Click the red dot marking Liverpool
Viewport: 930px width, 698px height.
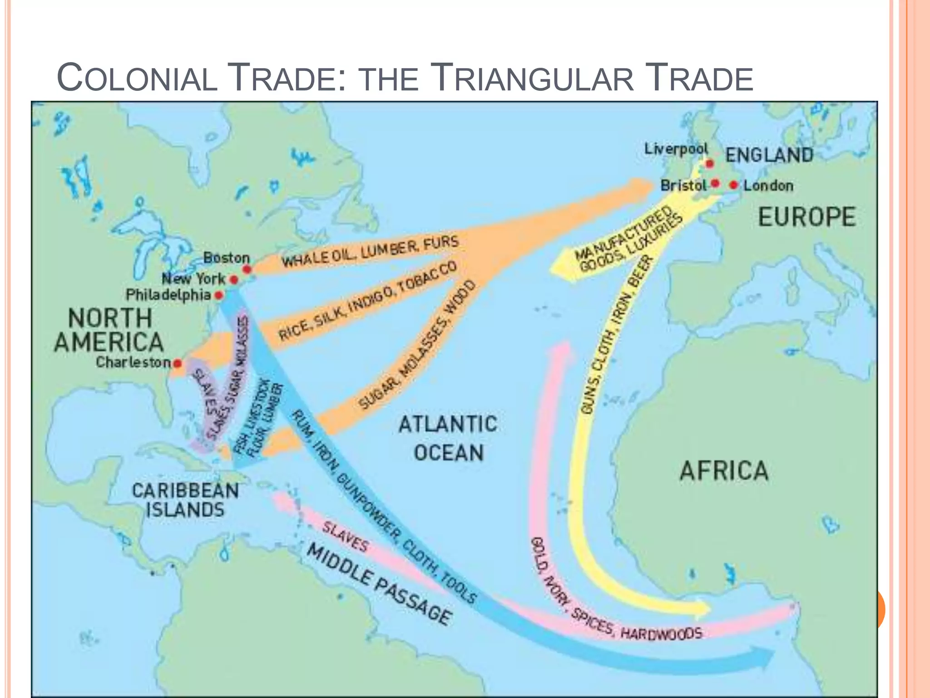pos(709,164)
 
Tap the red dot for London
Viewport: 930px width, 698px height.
pos(734,185)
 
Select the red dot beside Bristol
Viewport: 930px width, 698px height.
pos(715,183)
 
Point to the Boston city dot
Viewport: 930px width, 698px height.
pos(247,269)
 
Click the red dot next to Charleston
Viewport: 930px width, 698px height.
pos(178,363)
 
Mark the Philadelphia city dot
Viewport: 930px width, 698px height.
pos(219,295)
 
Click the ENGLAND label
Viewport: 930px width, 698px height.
pos(769,155)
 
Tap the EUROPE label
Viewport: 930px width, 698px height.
pos(806,217)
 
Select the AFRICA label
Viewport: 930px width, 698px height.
pos(724,470)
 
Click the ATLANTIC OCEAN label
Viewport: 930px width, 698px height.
pos(448,439)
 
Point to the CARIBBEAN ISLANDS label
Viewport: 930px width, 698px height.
pos(185,500)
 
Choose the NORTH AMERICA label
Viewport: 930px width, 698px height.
pos(109,330)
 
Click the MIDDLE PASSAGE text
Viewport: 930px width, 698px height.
pos(379,584)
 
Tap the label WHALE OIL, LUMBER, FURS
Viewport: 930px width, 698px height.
pos(370,252)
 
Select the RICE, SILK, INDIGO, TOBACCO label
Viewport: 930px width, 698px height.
pos(368,301)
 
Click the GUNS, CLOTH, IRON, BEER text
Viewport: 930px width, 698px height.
pos(618,334)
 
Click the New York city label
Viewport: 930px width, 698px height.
pos(193,279)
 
